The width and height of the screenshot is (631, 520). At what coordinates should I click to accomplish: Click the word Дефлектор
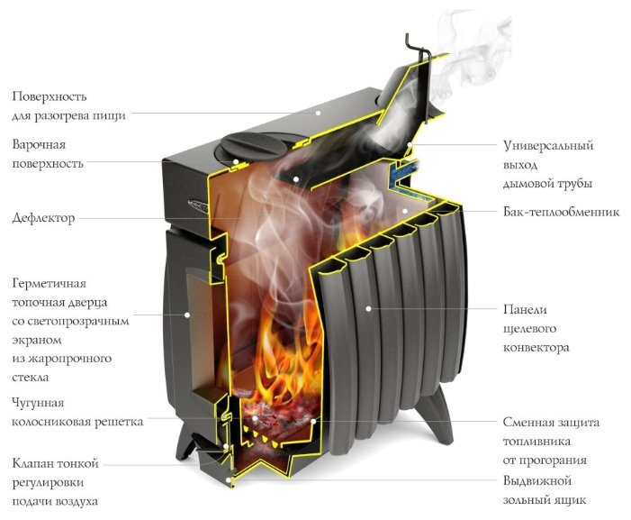coord(43,218)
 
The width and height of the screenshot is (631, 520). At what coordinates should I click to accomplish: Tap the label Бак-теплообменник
coord(561,212)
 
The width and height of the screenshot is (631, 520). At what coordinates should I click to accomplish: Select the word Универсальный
coord(548,145)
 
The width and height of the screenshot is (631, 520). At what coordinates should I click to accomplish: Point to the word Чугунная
coord(38,403)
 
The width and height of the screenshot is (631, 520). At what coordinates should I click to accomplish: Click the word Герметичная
coord(50,284)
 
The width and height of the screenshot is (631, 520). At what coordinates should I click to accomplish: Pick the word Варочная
coord(39,144)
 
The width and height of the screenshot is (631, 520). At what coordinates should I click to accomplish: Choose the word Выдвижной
coord(537,481)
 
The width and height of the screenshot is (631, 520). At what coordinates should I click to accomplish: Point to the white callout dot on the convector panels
coord(368,308)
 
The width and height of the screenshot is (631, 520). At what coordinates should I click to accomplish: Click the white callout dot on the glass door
coord(187,315)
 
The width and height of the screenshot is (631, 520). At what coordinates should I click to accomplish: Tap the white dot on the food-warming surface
coord(318,114)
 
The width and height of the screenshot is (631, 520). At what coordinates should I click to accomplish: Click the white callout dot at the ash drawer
coord(229,480)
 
